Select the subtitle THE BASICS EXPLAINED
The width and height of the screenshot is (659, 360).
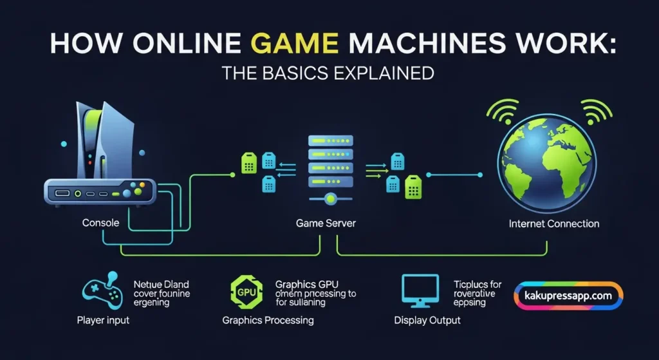click(328, 73)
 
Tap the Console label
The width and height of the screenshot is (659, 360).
click(101, 223)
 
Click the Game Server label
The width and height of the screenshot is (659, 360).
click(326, 223)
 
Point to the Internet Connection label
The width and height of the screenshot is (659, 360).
click(553, 223)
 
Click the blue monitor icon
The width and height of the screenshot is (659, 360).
click(419, 290)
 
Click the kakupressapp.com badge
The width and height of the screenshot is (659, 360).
click(568, 296)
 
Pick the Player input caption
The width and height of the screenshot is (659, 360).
click(104, 319)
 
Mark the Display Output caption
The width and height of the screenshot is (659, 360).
click(427, 319)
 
